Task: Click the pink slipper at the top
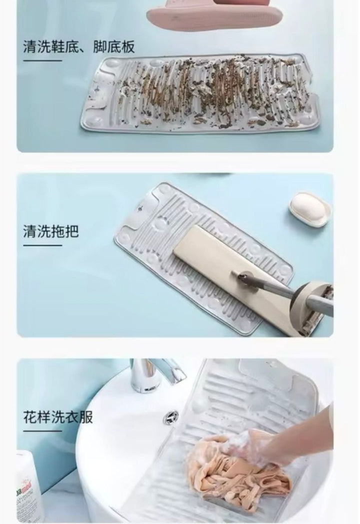[214, 15]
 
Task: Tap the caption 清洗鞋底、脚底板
[79, 47]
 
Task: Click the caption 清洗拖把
[51, 231]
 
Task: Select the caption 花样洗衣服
[58, 417]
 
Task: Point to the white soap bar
[310, 209]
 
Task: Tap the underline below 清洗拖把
[42, 245]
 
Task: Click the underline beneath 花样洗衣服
[42, 430]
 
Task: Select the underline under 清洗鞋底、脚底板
[42, 61]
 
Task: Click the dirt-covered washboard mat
[197, 94]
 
